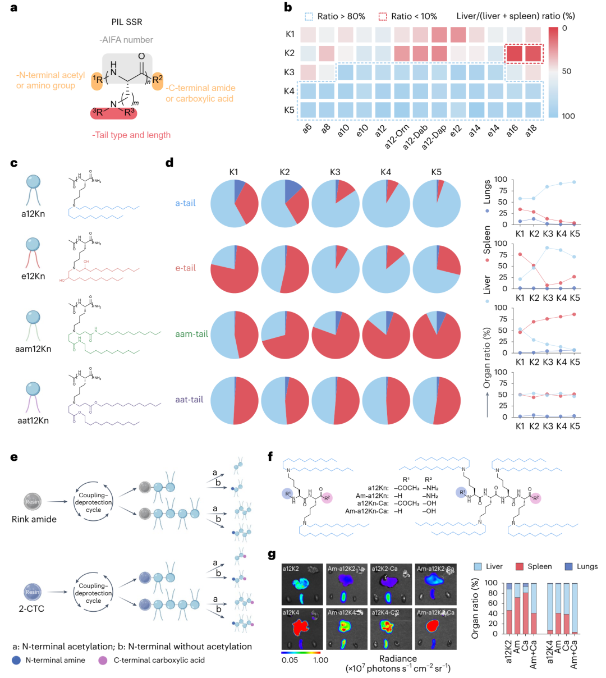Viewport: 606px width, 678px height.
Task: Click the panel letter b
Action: pyautogui.click(x=288, y=8)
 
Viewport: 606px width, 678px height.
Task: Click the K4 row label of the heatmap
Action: pyautogui.click(x=290, y=91)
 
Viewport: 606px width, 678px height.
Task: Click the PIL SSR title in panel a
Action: pyautogui.click(x=126, y=22)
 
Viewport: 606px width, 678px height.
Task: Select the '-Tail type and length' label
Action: pyautogui.click(x=131, y=135)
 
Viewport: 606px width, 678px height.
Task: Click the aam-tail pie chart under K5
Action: pyautogui.click(x=437, y=334)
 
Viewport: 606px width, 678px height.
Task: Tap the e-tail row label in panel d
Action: pyautogui.click(x=185, y=268)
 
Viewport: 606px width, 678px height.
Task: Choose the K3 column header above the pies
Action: pyautogui.click(x=335, y=172)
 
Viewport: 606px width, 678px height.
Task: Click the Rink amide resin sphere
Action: pyautogui.click(x=33, y=501)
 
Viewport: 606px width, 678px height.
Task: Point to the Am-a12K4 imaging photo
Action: pyautogui.click(x=346, y=628)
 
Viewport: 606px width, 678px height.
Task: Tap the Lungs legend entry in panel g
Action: pyautogui.click(x=580, y=566)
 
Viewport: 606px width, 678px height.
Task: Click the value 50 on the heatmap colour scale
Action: pyautogui.click(x=567, y=71)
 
